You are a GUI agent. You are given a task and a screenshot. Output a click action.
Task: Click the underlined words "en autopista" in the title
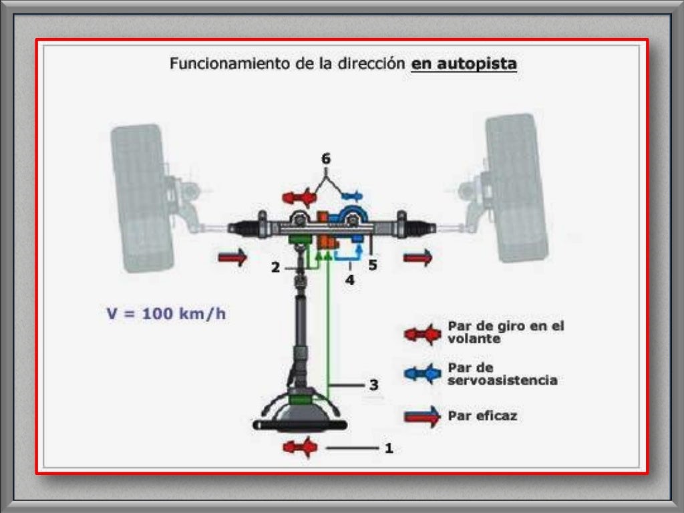coord(464,64)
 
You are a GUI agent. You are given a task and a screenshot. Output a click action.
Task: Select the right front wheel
coord(517,188)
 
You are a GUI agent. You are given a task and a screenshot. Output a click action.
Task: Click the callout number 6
coord(325,159)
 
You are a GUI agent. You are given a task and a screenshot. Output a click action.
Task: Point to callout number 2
coord(275,268)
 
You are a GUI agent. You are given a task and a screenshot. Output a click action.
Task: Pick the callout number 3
coord(374,385)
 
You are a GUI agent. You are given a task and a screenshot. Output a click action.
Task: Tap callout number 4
coord(350,280)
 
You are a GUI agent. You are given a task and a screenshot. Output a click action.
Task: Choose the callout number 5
coord(373,266)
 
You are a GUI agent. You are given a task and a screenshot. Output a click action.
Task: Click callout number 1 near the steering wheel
coord(388,448)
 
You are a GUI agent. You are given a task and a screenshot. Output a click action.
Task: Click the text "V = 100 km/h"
coord(166,314)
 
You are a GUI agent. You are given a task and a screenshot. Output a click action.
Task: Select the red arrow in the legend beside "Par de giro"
coord(422,333)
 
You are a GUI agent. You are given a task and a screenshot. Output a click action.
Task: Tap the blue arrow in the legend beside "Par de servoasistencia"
coord(422,373)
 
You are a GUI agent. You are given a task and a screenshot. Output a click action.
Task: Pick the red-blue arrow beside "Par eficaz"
coord(422,416)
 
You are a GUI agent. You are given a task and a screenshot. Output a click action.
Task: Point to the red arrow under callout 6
coord(299,198)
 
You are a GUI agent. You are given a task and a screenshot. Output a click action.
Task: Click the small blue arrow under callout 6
coord(351,196)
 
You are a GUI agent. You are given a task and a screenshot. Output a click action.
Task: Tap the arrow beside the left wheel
coord(232,257)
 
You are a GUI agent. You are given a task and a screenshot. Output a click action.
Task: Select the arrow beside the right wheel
coord(417,257)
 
